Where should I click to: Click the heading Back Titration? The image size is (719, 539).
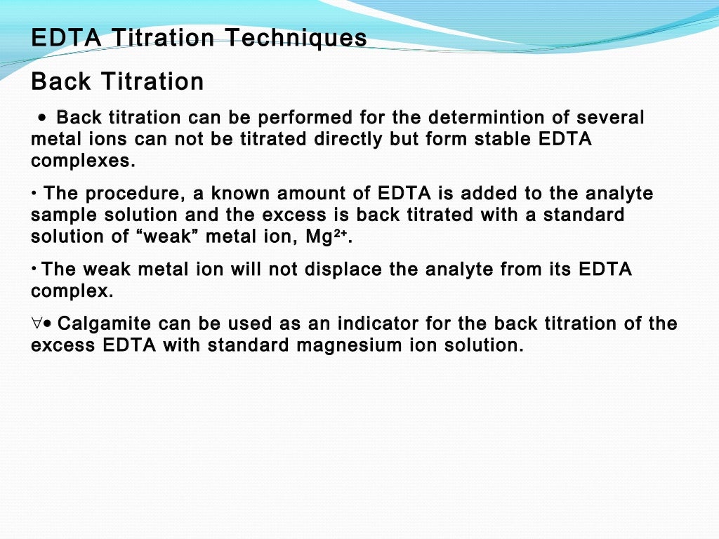(117, 81)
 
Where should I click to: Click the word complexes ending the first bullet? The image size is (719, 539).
(82, 160)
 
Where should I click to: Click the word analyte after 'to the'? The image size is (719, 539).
(617, 193)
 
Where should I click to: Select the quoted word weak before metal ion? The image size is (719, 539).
(164, 237)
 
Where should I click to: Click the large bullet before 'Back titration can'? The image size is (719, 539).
(44, 118)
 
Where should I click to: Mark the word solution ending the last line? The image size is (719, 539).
(484, 345)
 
